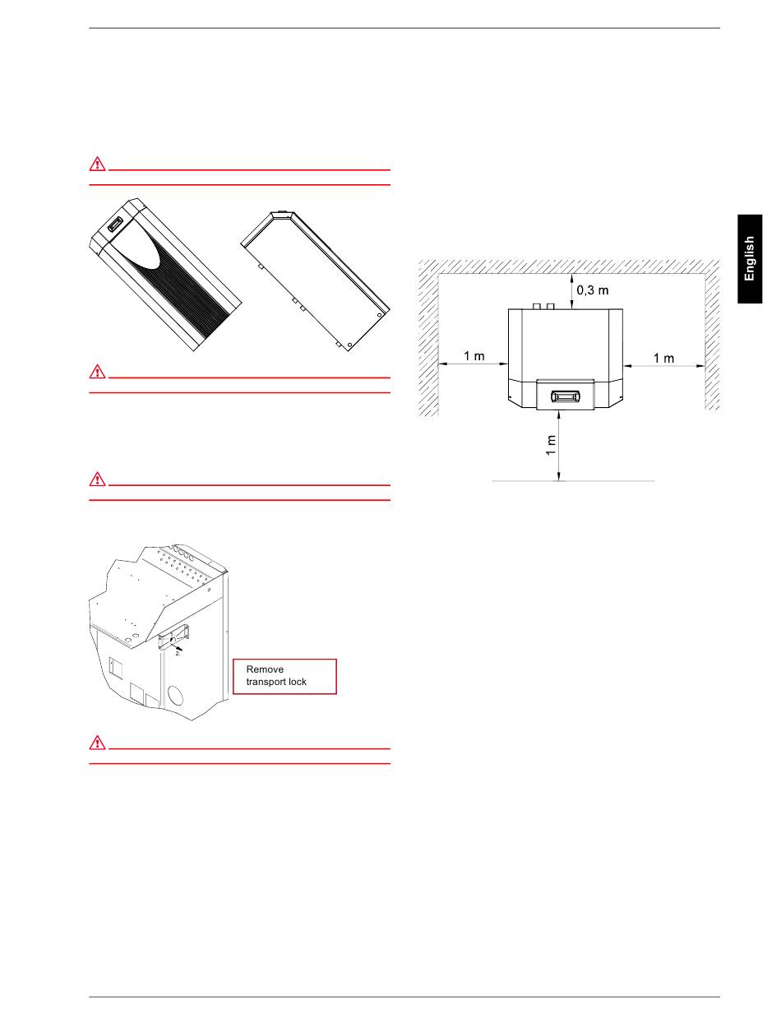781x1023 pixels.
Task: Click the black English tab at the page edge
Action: coord(749,259)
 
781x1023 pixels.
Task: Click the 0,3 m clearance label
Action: coord(593,290)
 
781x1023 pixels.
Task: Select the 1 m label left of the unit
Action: coord(474,356)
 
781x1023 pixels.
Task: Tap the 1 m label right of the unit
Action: coord(663,358)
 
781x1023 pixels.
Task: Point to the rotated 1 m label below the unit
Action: coord(551,445)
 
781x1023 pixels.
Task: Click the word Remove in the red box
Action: coord(265,669)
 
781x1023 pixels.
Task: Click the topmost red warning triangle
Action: coord(97,164)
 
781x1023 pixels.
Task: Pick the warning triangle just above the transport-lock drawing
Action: coord(97,479)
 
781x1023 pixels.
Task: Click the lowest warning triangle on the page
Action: coord(97,743)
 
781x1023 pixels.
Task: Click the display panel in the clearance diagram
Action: coord(566,396)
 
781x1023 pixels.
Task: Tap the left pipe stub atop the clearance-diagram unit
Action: coord(537,306)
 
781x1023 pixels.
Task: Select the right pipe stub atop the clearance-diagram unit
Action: coord(551,306)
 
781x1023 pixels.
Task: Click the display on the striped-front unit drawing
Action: coord(115,224)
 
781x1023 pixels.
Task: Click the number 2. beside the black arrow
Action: coord(178,654)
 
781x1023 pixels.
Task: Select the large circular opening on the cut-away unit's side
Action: coord(176,697)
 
